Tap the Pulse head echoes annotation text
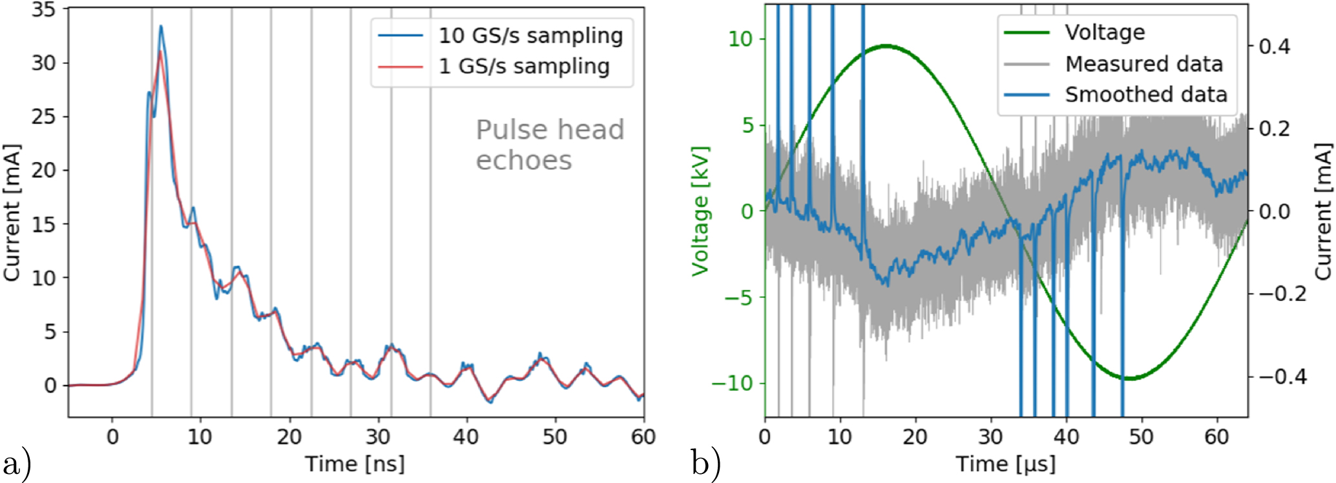549,145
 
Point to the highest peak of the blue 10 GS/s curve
161,26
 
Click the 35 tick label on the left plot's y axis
43,11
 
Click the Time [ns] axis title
355,464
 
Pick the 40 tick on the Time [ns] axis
466,437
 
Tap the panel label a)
17,464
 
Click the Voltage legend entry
1104,32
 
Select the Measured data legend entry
1143,64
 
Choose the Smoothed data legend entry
1145,95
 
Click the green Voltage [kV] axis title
700,211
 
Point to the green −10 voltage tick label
732,383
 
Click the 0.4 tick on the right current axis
1275,46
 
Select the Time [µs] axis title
1005,464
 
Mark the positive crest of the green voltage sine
886,46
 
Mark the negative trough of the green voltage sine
1127,378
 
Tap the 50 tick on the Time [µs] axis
1142,437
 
